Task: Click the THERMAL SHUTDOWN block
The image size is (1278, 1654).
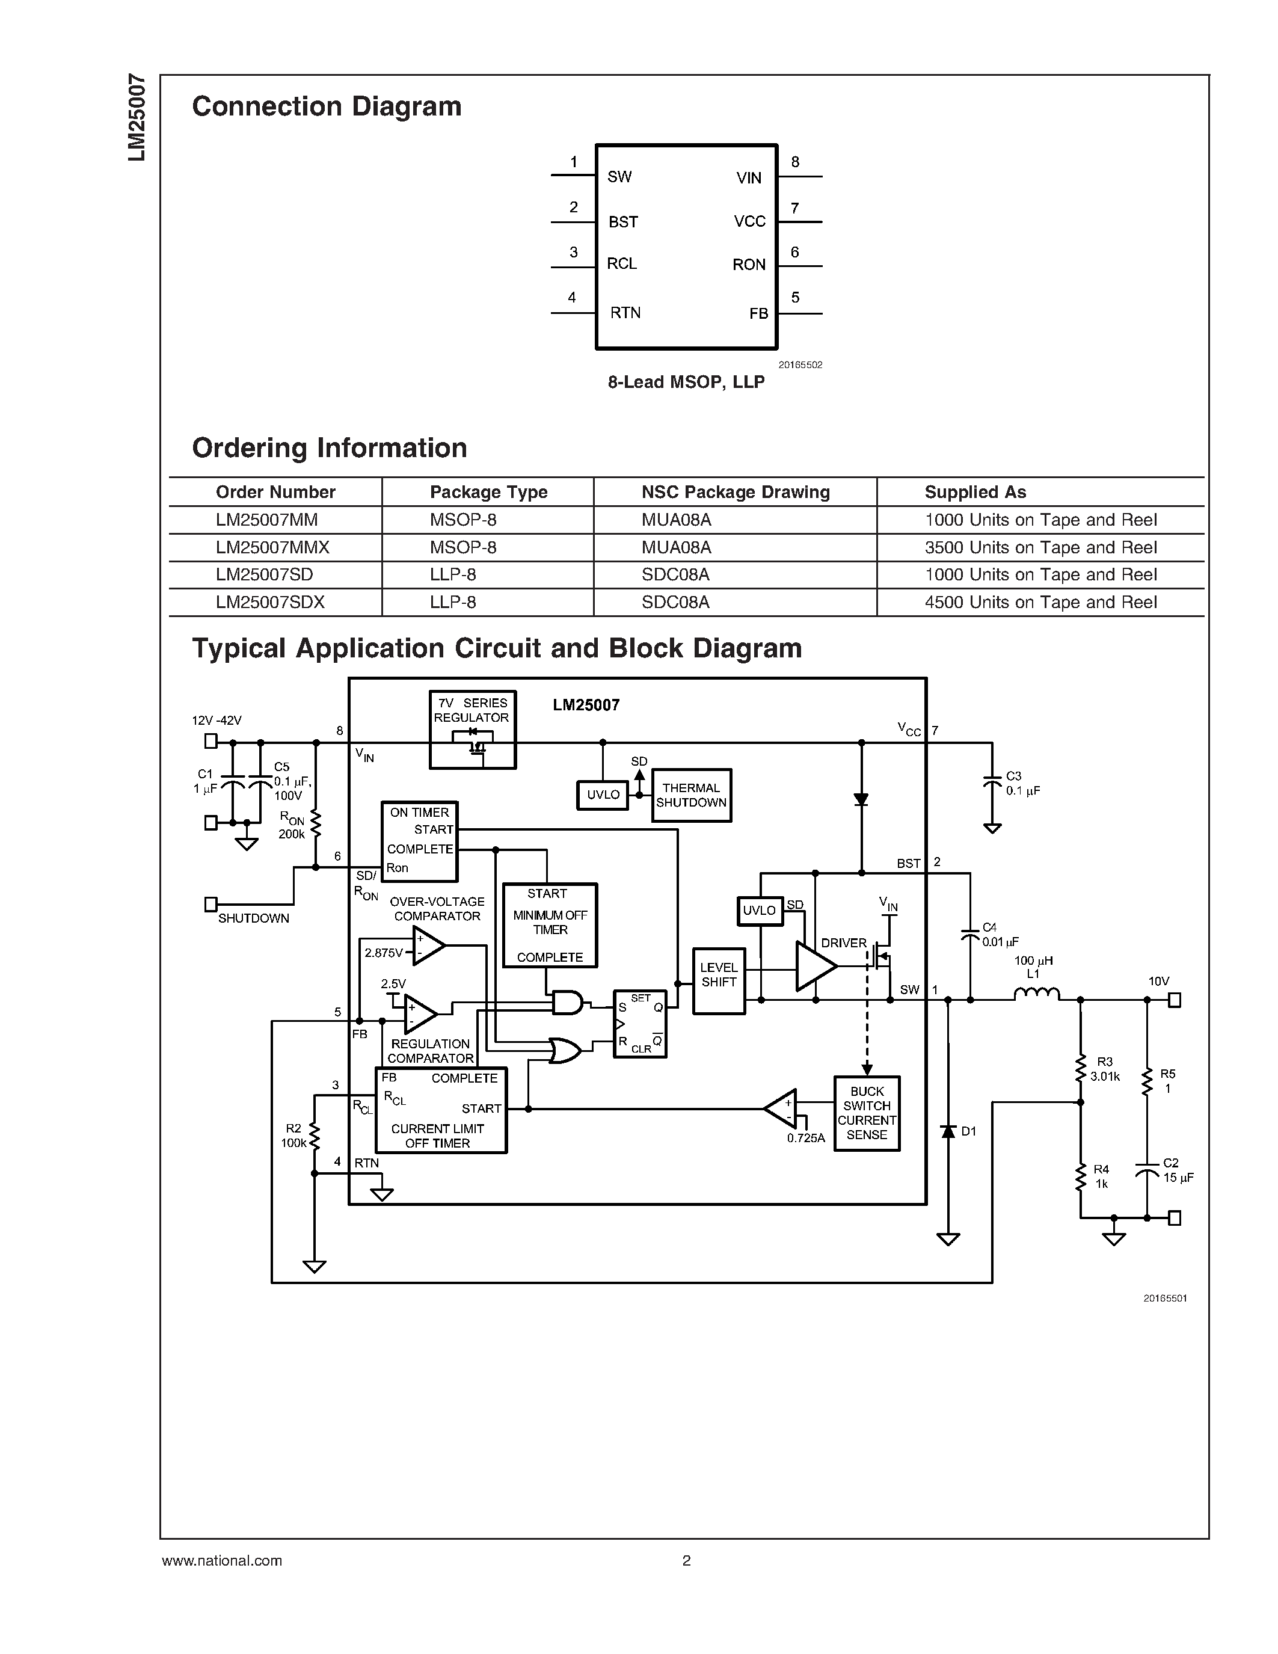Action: coord(690,795)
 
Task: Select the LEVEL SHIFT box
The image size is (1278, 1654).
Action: coord(719,981)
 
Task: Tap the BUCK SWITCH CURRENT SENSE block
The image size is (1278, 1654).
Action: coord(866,1113)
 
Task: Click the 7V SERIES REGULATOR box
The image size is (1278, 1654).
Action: coord(473,730)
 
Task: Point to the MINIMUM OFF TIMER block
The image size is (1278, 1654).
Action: coord(550,924)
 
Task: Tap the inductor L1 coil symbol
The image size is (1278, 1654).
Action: coord(1036,994)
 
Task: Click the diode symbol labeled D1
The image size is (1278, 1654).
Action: coord(948,1131)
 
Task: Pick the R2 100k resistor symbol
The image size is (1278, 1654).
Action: coord(314,1136)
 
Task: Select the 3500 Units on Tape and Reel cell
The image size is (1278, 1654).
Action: coord(1040,547)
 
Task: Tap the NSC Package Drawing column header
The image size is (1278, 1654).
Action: coord(735,492)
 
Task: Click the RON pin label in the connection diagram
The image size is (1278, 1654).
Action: coord(749,264)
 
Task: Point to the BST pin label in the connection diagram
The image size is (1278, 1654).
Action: coord(623,222)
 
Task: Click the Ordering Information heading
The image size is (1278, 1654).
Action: coord(330,447)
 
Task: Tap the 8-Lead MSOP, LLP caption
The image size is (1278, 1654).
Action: coord(686,382)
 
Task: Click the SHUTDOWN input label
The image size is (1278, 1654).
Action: coord(254,918)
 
